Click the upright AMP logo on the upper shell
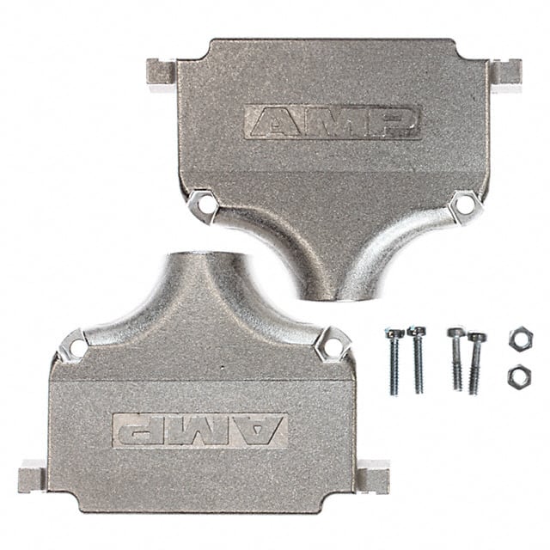click(x=332, y=122)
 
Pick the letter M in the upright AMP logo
click(x=333, y=122)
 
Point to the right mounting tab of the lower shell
click(x=373, y=475)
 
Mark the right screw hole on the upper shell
click(x=465, y=205)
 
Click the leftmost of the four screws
click(x=394, y=359)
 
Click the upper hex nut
click(x=519, y=339)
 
